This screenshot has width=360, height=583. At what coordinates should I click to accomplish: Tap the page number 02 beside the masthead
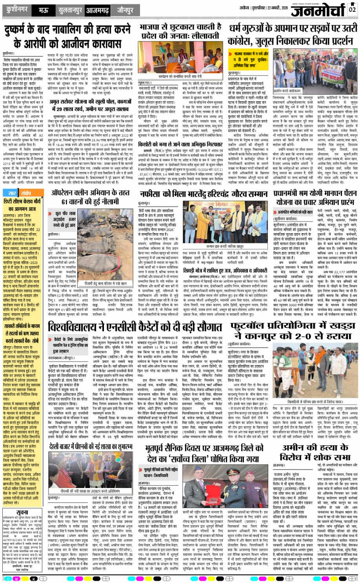point(352,9)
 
